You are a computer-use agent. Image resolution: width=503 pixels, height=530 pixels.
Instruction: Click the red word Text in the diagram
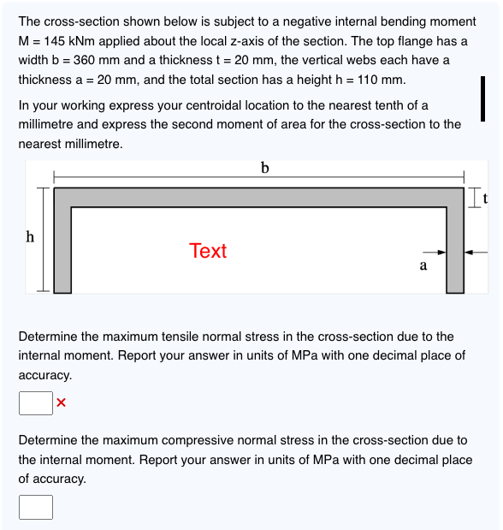(208, 251)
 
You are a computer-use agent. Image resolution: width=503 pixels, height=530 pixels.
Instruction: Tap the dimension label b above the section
(265, 168)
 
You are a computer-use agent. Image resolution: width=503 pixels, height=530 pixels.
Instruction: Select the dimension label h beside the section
(30, 236)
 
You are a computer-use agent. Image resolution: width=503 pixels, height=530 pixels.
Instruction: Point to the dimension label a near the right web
(423, 265)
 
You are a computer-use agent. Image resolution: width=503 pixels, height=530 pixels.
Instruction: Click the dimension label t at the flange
(485, 199)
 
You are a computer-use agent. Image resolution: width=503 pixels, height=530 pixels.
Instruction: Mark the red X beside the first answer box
(61, 402)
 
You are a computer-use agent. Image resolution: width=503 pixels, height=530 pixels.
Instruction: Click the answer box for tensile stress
(36, 403)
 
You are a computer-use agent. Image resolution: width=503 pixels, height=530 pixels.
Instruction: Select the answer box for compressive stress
(36, 507)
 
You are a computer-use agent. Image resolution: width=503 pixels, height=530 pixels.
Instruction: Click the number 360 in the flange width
(84, 60)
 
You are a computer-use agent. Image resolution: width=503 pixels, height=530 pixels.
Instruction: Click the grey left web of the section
(62, 250)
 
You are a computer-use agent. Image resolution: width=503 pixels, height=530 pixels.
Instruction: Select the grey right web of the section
(455, 250)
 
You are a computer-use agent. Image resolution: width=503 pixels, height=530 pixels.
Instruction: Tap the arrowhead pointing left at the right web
(469, 252)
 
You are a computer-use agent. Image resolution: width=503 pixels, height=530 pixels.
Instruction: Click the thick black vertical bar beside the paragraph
(483, 98)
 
